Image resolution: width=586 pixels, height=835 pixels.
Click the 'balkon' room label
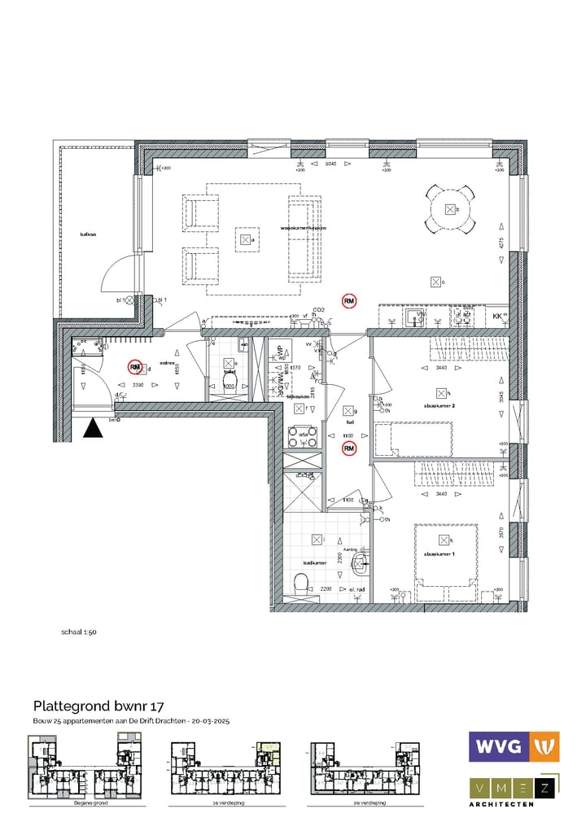click(88, 234)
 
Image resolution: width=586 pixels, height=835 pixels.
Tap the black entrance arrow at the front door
click(94, 428)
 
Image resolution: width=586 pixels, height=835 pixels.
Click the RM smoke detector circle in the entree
click(136, 367)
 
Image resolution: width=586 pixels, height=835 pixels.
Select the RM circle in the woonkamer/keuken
click(349, 301)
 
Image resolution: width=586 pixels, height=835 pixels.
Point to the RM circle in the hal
click(348, 448)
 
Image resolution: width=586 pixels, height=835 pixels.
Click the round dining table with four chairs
click(450, 209)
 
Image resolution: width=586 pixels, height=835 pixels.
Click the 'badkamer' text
click(315, 562)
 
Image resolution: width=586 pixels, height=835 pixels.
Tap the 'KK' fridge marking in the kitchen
click(497, 316)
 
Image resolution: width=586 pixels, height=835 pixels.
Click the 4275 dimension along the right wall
click(501, 243)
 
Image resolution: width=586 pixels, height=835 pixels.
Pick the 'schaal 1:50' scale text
click(79, 631)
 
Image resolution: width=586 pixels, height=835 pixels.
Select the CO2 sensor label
click(320, 310)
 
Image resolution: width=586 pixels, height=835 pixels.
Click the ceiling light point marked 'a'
click(245, 240)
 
